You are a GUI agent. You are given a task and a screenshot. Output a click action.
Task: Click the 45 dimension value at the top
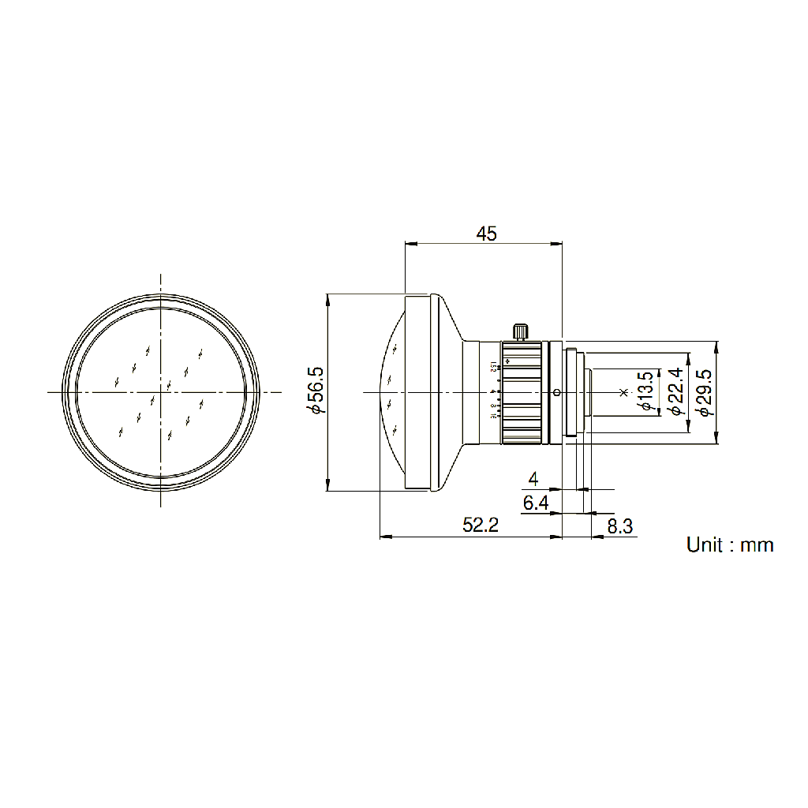pyautogui.click(x=486, y=234)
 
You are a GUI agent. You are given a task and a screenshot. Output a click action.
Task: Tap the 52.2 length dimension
pyautogui.click(x=480, y=526)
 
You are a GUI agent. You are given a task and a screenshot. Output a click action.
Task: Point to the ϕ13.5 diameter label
pyautogui.click(x=645, y=391)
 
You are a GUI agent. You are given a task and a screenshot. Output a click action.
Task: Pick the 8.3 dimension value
pyautogui.click(x=620, y=526)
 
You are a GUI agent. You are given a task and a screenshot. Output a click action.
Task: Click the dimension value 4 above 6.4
pyautogui.click(x=533, y=479)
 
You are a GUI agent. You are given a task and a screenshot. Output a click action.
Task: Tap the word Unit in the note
pyautogui.click(x=704, y=544)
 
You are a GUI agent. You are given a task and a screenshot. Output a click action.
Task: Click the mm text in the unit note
pyautogui.click(x=757, y=544)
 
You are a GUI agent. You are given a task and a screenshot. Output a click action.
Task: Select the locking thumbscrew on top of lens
pyautogui.click(x=520, y=331)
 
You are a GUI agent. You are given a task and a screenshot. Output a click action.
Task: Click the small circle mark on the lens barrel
pyautogui.click(x=557, y=392)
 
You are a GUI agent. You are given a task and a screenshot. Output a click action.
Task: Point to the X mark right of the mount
pyautogui.click(x=623, y=392)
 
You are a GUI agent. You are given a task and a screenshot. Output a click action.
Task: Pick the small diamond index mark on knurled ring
pyautogui.click(x=508, y=362)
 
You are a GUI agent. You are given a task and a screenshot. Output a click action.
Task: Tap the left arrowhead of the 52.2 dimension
pyautogui.click(x=383, y=537)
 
